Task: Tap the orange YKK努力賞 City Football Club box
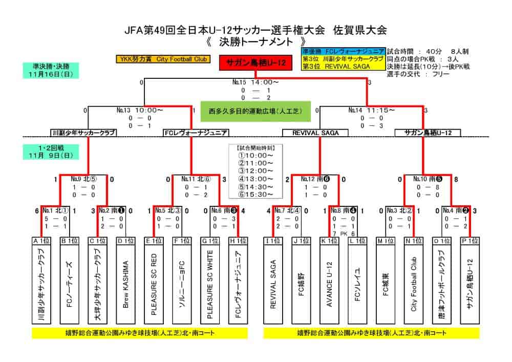(163, 59)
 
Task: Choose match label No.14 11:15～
(372, 110)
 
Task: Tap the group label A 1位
(41, 240)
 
